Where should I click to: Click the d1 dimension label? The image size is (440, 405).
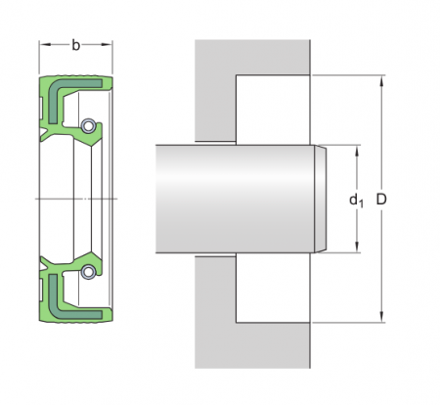(x=356, y=200)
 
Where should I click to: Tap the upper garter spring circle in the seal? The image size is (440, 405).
(x=89, y=126)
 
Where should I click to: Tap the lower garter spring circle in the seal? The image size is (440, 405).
(x=89, y=271)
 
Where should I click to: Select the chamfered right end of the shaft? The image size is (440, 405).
(x=320, y=199)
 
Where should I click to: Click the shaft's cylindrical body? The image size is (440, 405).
(x=235, y=199)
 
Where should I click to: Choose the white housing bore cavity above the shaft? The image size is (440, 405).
(x=274, y=110)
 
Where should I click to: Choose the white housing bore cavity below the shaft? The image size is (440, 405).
(x=274, y=288)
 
